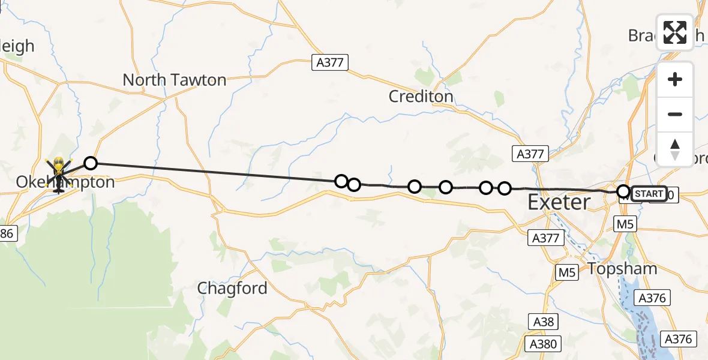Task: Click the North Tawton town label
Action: point(174,80)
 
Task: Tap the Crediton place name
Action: point(421,96)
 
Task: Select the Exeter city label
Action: point(559,202)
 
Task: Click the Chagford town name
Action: point(232,289)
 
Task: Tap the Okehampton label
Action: point(65,182)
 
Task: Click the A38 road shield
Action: point(544,322)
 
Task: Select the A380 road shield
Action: point(544,344)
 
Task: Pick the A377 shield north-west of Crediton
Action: point(329,62)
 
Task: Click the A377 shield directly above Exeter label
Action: point(530,154)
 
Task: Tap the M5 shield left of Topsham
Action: point(566,272)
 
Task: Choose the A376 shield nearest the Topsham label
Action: point(653,298)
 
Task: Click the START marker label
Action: point(649,194)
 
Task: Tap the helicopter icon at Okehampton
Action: point(59,175)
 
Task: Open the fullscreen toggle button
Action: point(675,32)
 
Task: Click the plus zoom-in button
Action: point(675,79)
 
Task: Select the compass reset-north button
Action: point(675,149)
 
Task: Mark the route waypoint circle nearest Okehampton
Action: point(90,163)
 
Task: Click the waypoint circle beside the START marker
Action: point(624,192)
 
